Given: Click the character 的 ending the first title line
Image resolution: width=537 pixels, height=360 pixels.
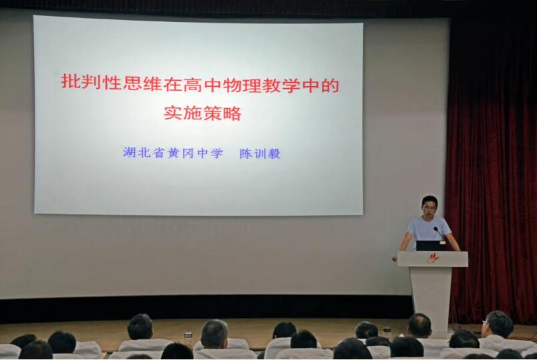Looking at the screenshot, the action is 330,85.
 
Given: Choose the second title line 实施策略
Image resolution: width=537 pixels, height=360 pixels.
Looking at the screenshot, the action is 202,113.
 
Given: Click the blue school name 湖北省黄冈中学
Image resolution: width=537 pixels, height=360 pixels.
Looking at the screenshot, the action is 172,152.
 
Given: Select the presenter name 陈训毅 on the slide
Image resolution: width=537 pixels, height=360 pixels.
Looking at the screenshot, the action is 260,154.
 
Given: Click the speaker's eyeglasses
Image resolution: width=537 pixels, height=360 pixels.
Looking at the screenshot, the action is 429,207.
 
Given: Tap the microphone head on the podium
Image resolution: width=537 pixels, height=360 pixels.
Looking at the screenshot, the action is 435,229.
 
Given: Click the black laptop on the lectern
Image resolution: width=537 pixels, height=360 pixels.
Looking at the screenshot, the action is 431,246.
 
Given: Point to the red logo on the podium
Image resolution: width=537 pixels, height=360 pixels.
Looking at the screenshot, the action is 433,258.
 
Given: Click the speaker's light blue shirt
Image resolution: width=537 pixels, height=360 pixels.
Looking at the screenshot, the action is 429,230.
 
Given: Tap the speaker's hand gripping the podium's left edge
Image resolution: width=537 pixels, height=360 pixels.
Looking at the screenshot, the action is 395,258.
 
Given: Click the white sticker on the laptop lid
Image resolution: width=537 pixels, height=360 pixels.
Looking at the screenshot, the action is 443,242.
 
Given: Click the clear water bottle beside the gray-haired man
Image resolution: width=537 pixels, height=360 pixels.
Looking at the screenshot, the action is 188,340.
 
